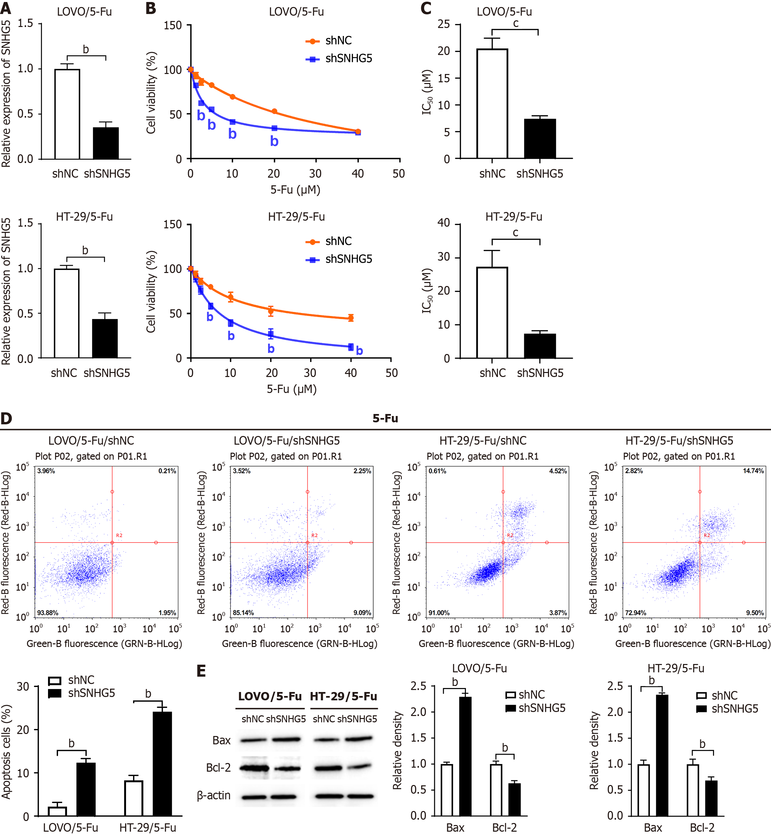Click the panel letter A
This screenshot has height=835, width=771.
tap(6, 8)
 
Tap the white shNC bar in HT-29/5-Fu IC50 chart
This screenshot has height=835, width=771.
tap(492, 312)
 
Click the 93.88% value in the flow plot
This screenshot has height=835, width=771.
tap(48, 613)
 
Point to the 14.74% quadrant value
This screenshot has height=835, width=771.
tap(753, 471)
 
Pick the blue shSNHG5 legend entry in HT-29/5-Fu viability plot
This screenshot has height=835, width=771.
tap(339, 259)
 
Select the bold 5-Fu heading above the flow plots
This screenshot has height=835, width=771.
tap(385, 418)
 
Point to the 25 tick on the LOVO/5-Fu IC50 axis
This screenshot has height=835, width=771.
tap(444, 25)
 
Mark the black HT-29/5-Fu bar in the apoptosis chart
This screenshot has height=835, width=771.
tap(162, 764)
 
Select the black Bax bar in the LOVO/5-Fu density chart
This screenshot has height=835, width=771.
tap(465, 756)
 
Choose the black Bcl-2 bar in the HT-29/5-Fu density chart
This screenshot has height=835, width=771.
tap(711, 798)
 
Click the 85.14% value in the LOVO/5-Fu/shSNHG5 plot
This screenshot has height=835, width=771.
tap(243, 613)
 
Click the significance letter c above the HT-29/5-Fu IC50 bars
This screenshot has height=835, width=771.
tap(516, 233)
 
